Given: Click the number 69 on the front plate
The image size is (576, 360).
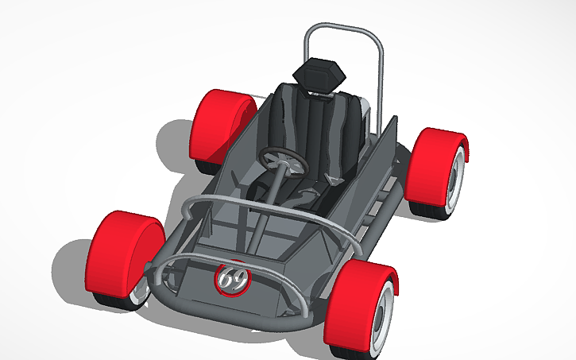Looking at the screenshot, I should [233, 279].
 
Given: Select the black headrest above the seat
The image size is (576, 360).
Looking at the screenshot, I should [320, 75].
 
